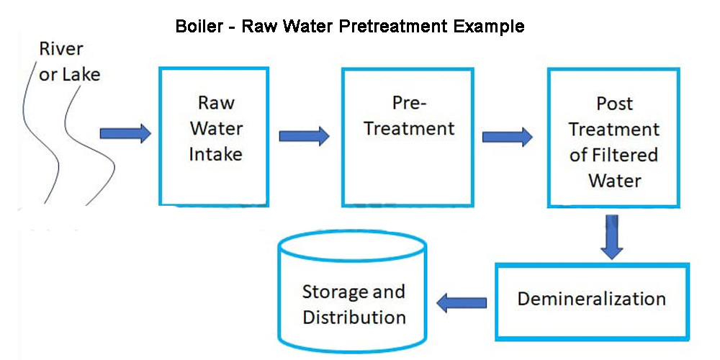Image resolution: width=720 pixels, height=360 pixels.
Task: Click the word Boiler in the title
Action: coord(199,27)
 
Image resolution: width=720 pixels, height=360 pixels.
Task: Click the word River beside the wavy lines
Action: coord(60,49)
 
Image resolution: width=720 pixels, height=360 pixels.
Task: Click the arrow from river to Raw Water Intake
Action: coord(125,133)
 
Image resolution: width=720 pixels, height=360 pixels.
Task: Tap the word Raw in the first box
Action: coord(216,103)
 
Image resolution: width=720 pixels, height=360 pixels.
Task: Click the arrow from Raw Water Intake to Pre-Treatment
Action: coord(303,135)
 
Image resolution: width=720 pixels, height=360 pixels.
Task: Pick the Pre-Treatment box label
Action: coord(410,116)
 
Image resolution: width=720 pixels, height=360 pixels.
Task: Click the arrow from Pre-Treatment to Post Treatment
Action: coord(507,135)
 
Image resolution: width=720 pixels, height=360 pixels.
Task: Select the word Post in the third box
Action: coord(614,104)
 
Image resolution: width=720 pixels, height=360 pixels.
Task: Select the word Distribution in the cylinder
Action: coord(354,318)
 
